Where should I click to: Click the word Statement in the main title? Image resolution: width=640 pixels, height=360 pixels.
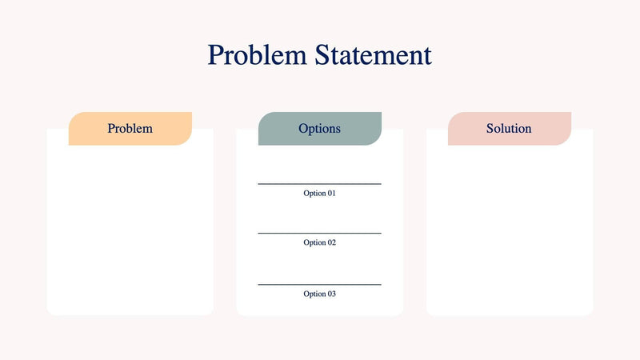[x=373, y=55]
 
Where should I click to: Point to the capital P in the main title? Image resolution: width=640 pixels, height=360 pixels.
[x=215, y=55]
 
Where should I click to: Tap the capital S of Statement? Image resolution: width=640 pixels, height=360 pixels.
[x=322, y=55]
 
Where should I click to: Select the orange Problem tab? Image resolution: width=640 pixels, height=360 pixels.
[x=130, y=129]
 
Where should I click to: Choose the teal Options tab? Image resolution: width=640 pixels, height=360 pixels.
[x=319, y=129]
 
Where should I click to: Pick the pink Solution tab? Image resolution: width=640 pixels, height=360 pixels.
[x=509, y=129]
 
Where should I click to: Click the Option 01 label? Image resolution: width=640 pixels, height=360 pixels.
[x=319, y=194]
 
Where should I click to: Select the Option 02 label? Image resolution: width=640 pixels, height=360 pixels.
[x=319, y=242]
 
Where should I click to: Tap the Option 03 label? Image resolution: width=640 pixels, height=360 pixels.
[x=319, y=294]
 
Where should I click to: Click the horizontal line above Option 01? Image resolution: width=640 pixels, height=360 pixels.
[x=319, y=184]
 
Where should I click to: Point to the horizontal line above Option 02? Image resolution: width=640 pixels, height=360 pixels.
[x=319, y=234]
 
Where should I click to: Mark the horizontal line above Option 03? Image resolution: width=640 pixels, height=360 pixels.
[x=319, y=284]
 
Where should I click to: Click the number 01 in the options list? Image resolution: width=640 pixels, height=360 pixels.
[x=331, y=194]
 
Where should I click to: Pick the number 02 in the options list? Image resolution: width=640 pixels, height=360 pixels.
[x=331, y=242]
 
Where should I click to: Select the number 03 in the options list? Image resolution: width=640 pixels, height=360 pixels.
[x=331, y=294]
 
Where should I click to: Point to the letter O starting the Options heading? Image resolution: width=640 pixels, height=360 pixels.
[x=303, y=129]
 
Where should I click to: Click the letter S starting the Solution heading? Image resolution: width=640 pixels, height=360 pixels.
[x=490, y=129]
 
